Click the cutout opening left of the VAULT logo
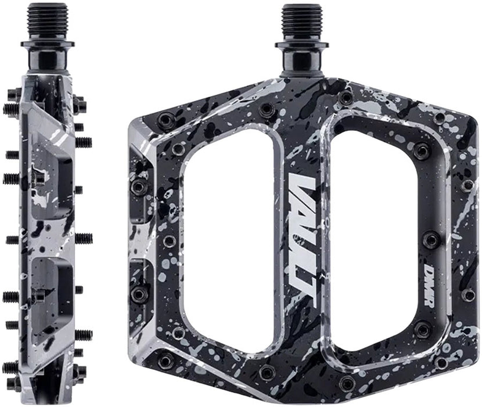pyautogui.click(x=227, y=238)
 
